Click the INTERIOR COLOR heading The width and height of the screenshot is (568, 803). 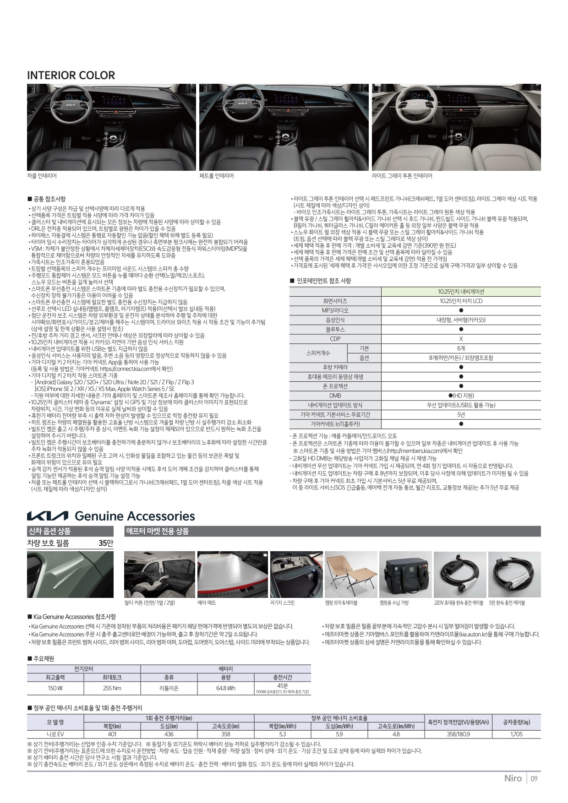pos(71,76)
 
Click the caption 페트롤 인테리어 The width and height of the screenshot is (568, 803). pos(217,176)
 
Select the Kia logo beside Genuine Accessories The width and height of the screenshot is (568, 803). pos(47,516)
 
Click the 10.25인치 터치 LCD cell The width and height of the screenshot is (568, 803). pos(461,301)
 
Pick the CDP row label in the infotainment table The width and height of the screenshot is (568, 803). pos(335,339)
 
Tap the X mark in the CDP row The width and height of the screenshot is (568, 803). pos(461,339)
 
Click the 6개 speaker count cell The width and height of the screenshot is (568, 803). pos(461,348)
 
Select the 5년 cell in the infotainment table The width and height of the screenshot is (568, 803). pos(461,414)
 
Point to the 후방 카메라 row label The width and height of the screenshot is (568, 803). pos(335,367)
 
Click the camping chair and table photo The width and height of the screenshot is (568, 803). pos(351,574)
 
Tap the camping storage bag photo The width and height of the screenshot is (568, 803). pos(405,574)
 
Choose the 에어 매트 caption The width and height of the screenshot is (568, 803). pos(207,603)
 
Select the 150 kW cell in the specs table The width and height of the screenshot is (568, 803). pos(55,688)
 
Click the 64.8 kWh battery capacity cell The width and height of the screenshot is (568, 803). pos(225,688)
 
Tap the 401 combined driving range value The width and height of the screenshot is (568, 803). pos(112,734)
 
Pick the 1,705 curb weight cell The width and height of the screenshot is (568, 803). pos(516,734)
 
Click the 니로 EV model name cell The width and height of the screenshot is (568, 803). pos(55,734)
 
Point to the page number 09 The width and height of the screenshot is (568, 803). pos(534,778)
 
